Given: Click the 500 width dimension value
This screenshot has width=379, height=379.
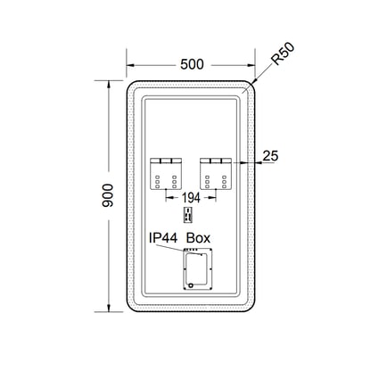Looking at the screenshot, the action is [192, 64].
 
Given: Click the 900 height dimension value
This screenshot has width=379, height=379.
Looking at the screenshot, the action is [107, 195].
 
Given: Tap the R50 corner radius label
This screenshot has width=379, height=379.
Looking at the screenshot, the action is [283, 54].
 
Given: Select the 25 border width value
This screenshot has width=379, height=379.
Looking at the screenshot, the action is [270, 156].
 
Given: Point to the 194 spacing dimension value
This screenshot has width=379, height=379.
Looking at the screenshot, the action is [191, 197].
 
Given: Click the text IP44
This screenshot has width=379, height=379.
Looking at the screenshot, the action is [163, 238].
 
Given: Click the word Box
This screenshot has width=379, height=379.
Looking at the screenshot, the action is [198, 238].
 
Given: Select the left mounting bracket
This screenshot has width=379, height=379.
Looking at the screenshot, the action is [166, 174].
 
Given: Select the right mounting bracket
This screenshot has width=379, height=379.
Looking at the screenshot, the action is [216, 174].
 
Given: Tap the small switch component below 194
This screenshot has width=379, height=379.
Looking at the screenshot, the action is [188, 214].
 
